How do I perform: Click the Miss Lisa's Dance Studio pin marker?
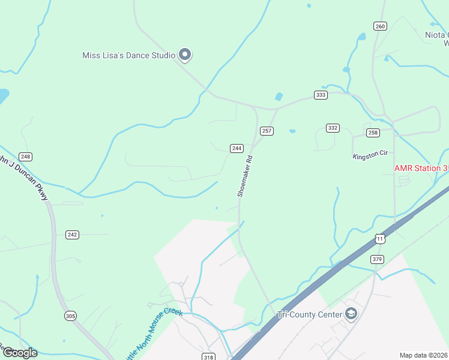pyautogui.click(x=185, y=55)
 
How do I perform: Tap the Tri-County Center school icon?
pyautogui.click(x=351, y=314)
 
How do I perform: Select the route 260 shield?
pyautogui.click(x=379, y=26)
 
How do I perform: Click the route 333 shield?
pyautogui.click(x=321, y=95)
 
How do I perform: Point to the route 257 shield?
pyautogui.click(x=267, y=131)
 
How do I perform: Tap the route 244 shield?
pyautogui.click(x=237, y=148)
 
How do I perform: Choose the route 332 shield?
pyautogui.click(x=333, y=128)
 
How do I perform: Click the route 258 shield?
pyautogui.click(x=373, y=133)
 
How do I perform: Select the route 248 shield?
pyautogui.click(x=25, y=157)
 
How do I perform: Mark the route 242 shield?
pyautogui.click(x=72, y=235)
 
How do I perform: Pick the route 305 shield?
pyautogui.click(x=71, y=316)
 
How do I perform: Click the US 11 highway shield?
pyautogui.click(x=379, y=239)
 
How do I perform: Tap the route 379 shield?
pyautogui.click(x=377, y=259)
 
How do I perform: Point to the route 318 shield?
pyautogui.click(x=208, y=356)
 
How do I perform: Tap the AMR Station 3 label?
pyautogui.click(x=421, y=169)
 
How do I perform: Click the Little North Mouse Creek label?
pyautogui.click(x=154, y=334)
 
